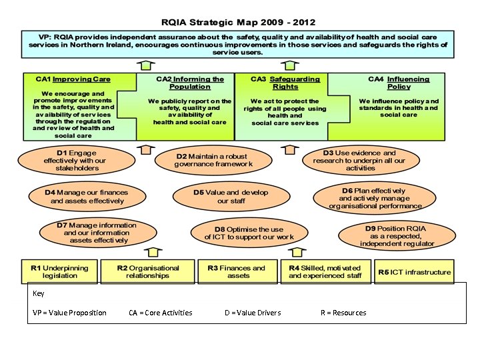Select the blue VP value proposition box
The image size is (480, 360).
[239, 44]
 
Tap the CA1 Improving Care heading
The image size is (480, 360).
[73, 79]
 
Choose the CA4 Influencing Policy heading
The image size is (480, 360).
[399, 83]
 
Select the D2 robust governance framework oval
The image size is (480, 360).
[214, 160]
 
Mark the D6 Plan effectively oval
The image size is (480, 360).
[375, 198]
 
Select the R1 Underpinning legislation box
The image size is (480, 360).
[60, 271]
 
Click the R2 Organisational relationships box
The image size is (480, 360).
[147, 271]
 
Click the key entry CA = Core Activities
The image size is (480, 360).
[160, 313]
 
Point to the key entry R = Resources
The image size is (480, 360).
[343, 313]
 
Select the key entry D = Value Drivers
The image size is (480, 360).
[253, 313]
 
